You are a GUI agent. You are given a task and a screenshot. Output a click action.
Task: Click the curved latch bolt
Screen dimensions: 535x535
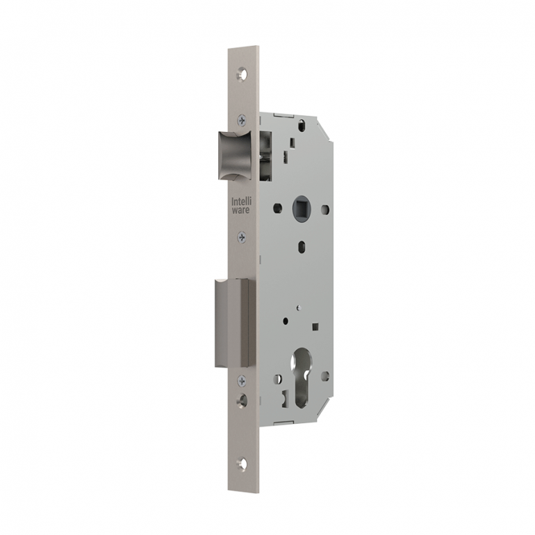point(235,154)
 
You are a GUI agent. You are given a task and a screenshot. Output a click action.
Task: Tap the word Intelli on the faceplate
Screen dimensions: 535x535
point(240,201)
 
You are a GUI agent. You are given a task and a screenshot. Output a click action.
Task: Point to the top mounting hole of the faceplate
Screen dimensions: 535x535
point(242,72)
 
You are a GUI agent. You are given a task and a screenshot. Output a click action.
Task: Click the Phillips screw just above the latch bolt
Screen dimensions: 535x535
point(241,119)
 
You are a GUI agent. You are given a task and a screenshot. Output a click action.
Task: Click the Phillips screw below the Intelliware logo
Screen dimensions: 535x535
point(241,237)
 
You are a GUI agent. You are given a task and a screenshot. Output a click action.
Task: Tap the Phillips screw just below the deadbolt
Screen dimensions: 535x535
point(241,380)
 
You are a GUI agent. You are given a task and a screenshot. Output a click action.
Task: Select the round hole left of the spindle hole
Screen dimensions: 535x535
point(277,207)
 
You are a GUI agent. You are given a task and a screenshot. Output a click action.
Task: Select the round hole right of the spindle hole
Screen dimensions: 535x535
point(324,208)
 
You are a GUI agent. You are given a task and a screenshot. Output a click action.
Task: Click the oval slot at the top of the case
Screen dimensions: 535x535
point(302,126)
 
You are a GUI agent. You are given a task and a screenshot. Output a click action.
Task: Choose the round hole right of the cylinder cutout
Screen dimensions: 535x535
point(324,376)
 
